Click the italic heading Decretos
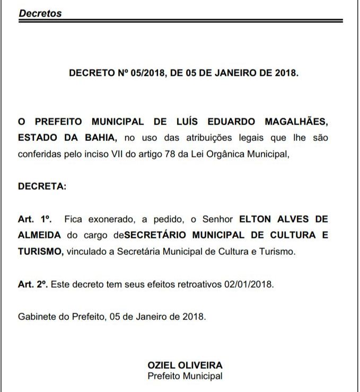tap(40, 14)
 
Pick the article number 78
tap(150, 154)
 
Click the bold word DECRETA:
tap(42, 186)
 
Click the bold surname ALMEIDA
tap(40, 235)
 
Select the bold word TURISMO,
tap(41, 251)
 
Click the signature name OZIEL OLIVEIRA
tap(185, 365)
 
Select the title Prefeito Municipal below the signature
tap(185, 376)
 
